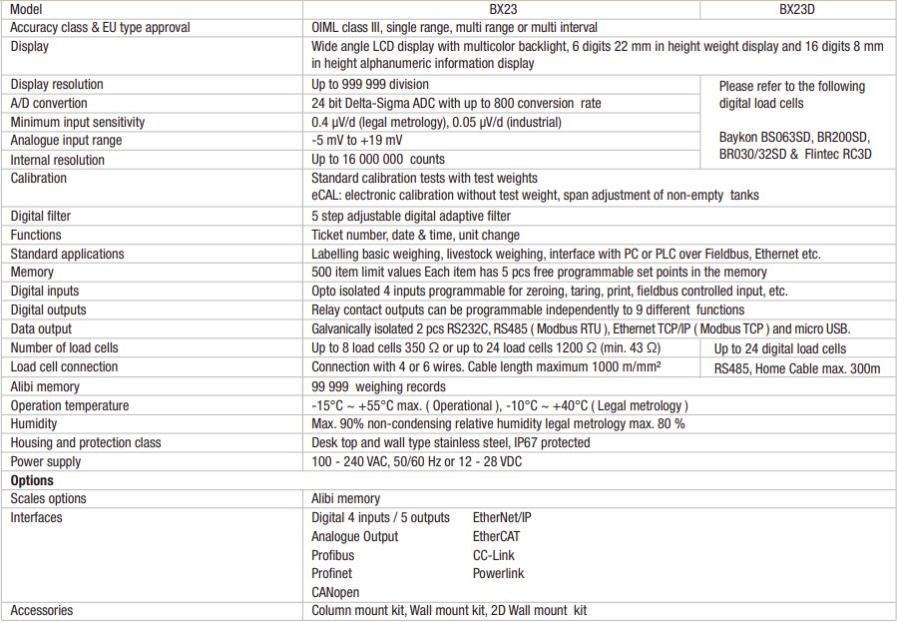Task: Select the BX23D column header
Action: [x=812, y=9]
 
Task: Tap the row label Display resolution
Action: [x=57, y=85]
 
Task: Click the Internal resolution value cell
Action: [x=378, y=160]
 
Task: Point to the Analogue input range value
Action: [x=357, y=141]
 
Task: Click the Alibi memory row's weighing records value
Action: [x=378, y=386]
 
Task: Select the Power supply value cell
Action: [x=416, y=461]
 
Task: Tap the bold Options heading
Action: [x=32, y=480]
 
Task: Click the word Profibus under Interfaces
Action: [x=332, y=555]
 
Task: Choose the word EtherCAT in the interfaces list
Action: [x=496, y=536]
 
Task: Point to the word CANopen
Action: [x=334, y=592]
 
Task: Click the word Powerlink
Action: [x=498, y=574]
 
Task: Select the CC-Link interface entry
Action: [x=494, y=555]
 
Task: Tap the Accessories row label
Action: [x=42, y=610]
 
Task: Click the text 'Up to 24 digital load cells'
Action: [x=780, y=348]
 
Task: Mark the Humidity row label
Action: [x=35, y=423]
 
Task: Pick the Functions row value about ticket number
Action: [x=415, y=235]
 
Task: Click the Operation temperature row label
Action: [x=70, y=405]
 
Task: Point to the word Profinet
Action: [x=332, y=574]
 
